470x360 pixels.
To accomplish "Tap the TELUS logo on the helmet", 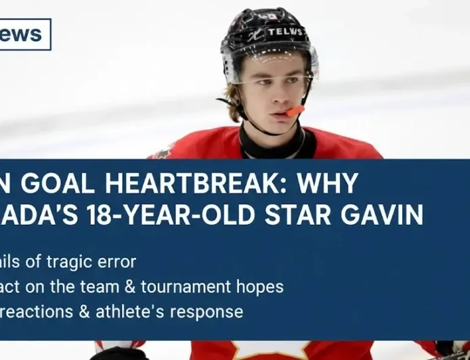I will (285, 31).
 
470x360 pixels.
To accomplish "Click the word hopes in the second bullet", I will (261, 287).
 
